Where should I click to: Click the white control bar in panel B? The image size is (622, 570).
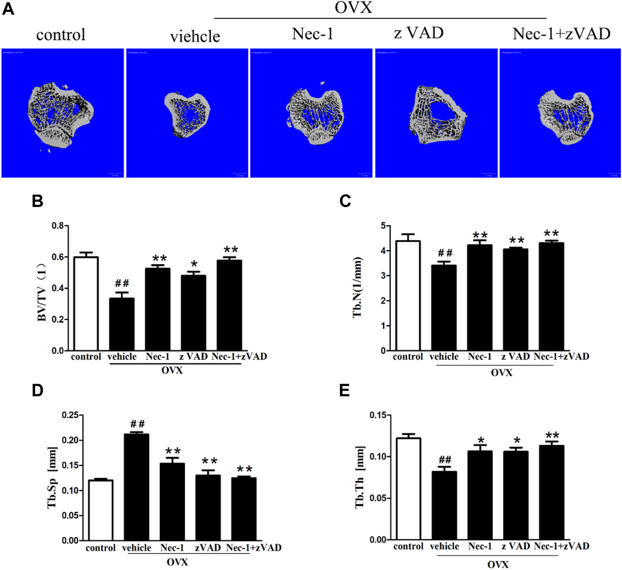[86, 304]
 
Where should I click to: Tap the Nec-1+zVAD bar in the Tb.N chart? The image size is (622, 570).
[551, 297]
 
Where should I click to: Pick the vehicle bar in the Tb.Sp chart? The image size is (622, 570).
[136, 487]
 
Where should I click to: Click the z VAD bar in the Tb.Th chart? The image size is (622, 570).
[515, 495]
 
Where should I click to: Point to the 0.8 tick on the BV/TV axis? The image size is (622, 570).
[58, 226]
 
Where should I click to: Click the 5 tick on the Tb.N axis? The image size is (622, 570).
[383, 226]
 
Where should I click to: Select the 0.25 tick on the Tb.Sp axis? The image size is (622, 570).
[70, 415]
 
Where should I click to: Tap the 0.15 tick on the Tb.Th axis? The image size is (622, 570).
[378, 415]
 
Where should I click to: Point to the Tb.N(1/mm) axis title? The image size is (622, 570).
[357, 287]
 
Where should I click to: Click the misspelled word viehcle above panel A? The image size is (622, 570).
[195, 37]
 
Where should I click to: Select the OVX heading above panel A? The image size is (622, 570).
[353, 7]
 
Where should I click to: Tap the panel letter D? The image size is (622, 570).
[37, 390]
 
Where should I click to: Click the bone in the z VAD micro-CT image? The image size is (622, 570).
[436, 115]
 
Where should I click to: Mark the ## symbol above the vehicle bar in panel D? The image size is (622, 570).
[137, 424]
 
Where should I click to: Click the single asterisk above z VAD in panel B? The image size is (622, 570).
[194, 264]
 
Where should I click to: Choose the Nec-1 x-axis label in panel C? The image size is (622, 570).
[479, 356]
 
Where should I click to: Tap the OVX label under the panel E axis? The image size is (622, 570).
[498, 565]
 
